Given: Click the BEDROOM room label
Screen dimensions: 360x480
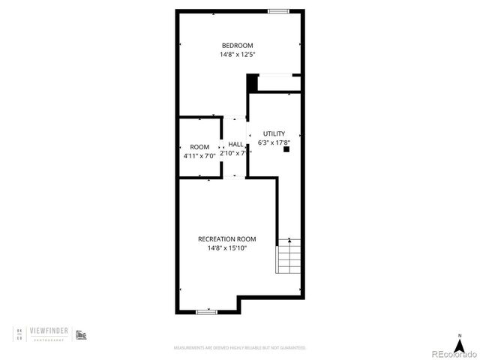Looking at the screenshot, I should click(x=237, y=46).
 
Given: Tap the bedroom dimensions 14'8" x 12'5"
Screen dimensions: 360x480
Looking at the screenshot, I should click(x=237, y=55).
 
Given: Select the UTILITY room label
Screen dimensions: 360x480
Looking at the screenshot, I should click(x=274, y=133).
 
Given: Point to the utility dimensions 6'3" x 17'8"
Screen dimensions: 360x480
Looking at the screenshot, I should click(x=274, y=142).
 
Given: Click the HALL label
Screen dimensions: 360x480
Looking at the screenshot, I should click(x=235, y=144).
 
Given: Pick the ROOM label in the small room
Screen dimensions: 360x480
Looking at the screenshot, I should click(x=199, y=147).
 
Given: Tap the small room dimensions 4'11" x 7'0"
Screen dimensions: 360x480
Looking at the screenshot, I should click(x=199, y=156).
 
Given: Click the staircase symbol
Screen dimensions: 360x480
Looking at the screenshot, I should click(x=289, y=256).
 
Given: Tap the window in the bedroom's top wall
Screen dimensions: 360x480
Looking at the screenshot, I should click(x=279, y=10).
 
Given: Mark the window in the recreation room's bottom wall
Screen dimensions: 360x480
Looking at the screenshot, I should click(x=206, y=310).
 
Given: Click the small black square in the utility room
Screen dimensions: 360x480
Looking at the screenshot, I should click(x=286, y=149).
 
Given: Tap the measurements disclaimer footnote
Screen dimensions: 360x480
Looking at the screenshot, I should click(x=240, y=348).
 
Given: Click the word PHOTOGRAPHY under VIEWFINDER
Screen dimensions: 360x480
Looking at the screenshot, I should click(x=51, y=340).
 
